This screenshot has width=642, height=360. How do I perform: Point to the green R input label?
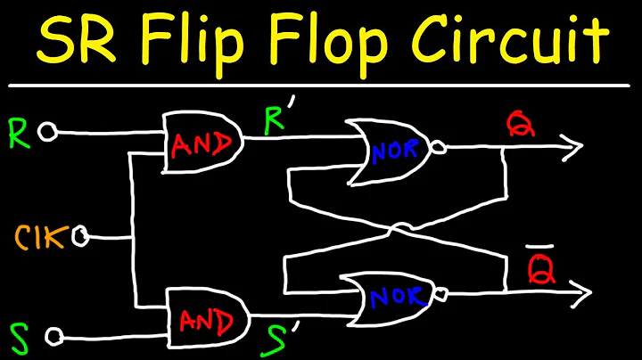[19, 132]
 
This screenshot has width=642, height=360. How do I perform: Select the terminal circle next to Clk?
[81, 237]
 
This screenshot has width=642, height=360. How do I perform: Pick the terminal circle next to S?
[54, 336]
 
